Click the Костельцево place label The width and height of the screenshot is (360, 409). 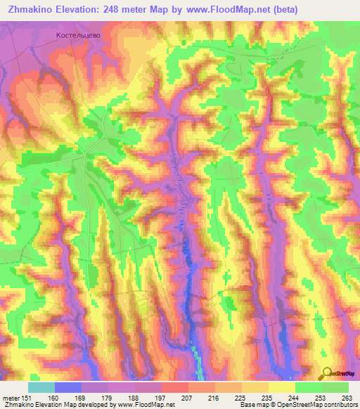(x=79, y=34)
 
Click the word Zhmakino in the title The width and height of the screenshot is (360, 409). (x=32, y=9)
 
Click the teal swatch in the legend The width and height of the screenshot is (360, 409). (x=41, y=387)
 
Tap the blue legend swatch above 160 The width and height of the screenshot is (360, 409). (x=68, y=387)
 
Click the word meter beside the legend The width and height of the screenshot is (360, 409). (x=10, y=397)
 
